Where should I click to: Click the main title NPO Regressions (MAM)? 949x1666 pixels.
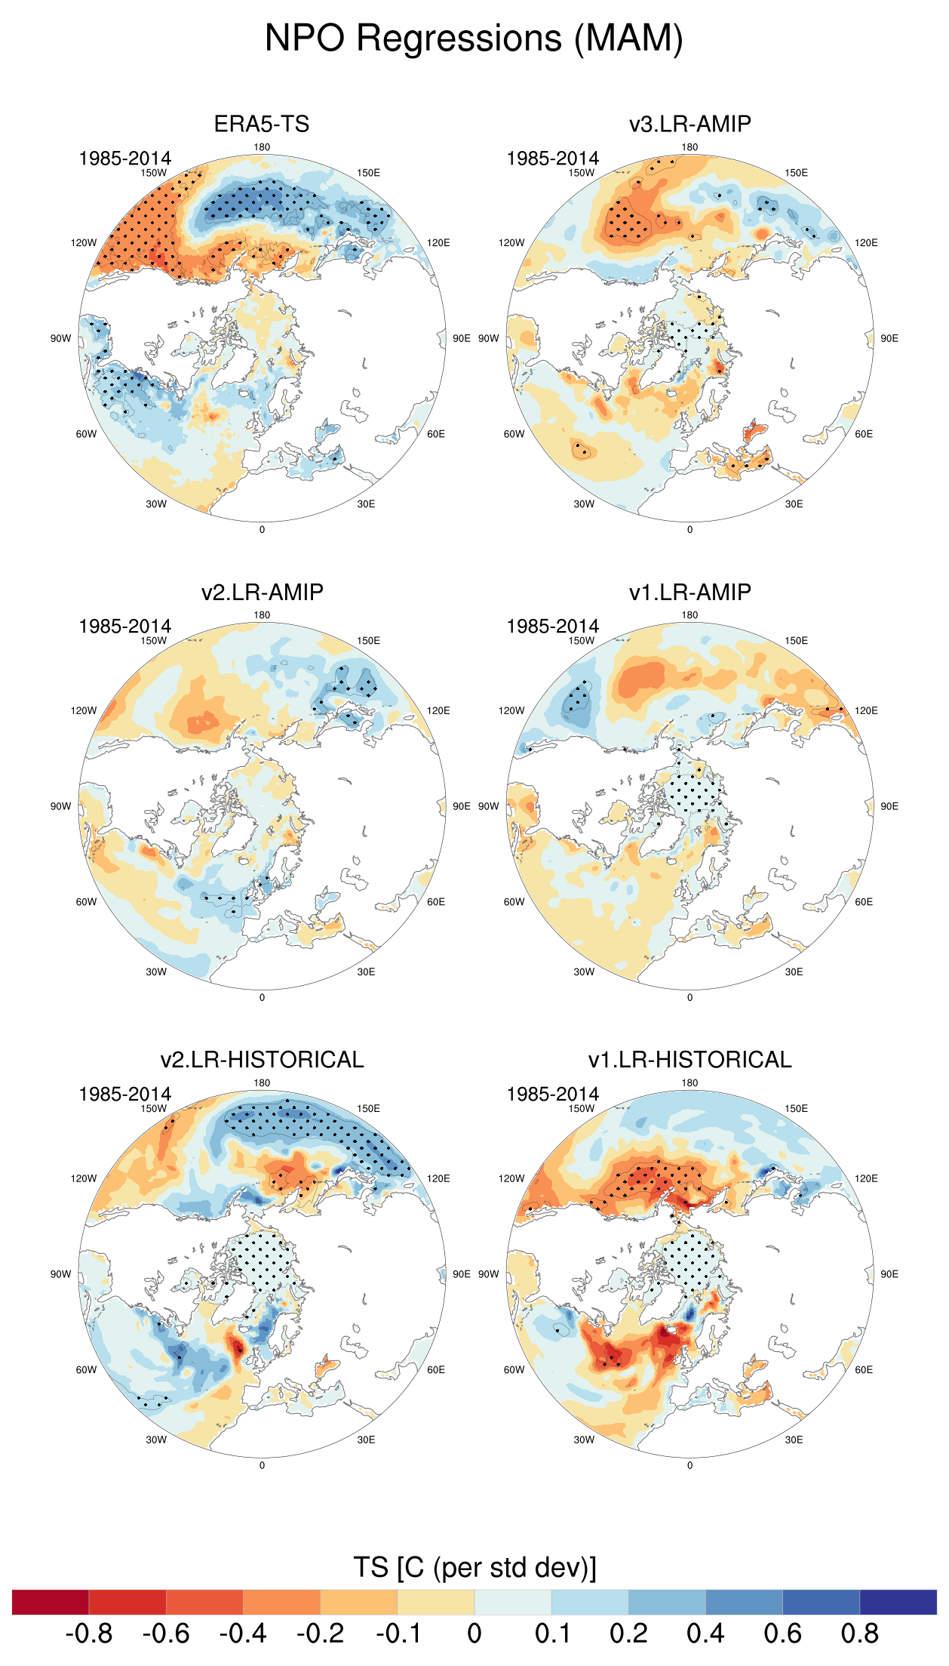pyautogui.click(x=474, y=38)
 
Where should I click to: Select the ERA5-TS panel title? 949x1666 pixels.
pyautogui.click(x=262, y=124)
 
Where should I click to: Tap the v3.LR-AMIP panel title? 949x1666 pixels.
pyautogui.click(x=689, y=124)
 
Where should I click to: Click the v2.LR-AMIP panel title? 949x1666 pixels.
pyautogui.click(x=262, y=592)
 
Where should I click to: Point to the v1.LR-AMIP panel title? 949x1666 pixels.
pyautogui.click(x=689, y=592)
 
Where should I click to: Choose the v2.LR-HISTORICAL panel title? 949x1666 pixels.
pyautogui.click(x=262, y=1060)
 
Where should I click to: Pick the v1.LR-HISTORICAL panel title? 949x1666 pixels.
pyautogui.click(x=689, y=1060)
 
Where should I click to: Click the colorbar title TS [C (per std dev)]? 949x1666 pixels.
pyautogui.click(x=474, y=1567)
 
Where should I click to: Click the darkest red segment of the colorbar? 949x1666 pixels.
pyautogui.click(x=51, y=1602)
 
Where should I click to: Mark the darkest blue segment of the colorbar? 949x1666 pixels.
pyautogui.click(x=898, y=1602)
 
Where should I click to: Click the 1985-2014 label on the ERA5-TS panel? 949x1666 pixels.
pyautogui.click(x=124, y=159)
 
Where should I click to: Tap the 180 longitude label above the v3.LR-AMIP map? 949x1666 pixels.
pyautogui.click(x=689, y=147)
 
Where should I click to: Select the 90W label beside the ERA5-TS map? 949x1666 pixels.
pyautogui.click(x=60, y=338)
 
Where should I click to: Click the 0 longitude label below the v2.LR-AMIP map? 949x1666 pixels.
pyautogui.click(x=262, y=997)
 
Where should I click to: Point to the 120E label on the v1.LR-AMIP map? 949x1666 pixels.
pyautogui.click(x=866, y=710)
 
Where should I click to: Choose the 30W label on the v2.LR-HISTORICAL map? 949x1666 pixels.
pyautogui.click(x=156, y=1440)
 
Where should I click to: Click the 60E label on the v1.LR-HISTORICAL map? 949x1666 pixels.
pyautogui.click(x=864, y=1369)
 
